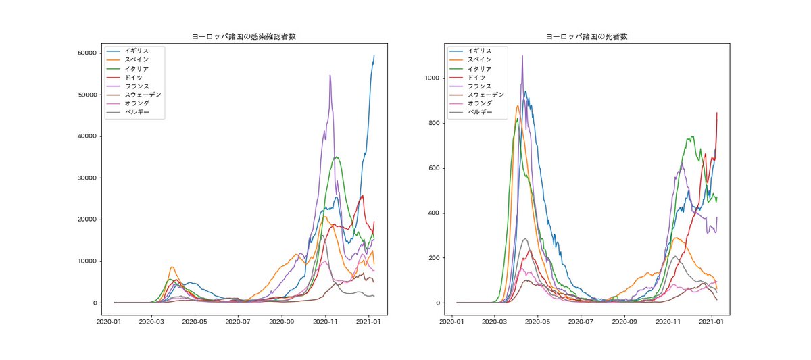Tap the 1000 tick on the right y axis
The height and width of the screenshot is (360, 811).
[x=434, y=78]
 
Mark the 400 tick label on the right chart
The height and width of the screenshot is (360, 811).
[x=436, y=213]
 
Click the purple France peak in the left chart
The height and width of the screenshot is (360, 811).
[x=330, y=76]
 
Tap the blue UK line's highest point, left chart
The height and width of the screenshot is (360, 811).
[x=374, y=56]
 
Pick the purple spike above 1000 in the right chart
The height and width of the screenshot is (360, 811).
[x=522, y=56]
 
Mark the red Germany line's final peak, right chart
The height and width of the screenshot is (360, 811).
[x=716, y=113]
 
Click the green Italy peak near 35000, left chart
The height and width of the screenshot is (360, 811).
[x=337, y=157]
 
